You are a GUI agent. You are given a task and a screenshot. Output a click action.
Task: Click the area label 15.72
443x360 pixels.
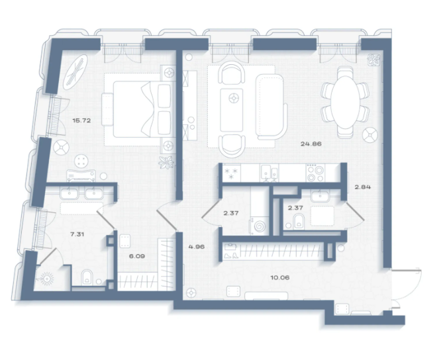click(x=81, y=120)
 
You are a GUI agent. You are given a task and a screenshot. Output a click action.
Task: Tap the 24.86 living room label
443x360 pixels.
click(x=311, y=144)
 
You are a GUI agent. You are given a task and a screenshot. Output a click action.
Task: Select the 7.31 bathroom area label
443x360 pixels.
click(x=77, y=234)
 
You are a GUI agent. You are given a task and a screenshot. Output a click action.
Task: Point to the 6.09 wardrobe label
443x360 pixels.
click(x=137, y=256)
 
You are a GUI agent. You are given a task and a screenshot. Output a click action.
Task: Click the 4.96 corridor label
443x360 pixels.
click(x=197, y=247)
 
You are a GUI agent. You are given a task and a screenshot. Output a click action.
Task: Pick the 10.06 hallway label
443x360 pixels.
click(x=280, y=277)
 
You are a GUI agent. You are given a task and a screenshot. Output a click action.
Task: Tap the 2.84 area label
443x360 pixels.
click(x=363, y=187)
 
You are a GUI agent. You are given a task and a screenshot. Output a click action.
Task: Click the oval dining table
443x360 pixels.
click(x=345, y=102)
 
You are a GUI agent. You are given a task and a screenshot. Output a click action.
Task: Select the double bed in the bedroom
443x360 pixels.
click(x=142, y=109)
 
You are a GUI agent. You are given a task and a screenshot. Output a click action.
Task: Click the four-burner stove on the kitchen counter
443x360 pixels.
click(x=315, y=173)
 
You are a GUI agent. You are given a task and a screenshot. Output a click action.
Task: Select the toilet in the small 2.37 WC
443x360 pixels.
click(x=299, y=221)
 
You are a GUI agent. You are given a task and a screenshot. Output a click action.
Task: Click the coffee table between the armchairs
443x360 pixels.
click(x=232, y=110)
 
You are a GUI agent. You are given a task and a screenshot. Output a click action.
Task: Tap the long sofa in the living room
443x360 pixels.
click(x=271, y=107)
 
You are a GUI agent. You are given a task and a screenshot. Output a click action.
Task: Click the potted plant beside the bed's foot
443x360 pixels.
click(x=166, y=163)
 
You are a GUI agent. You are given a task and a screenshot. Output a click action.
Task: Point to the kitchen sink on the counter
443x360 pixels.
click(x=269, y=173)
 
